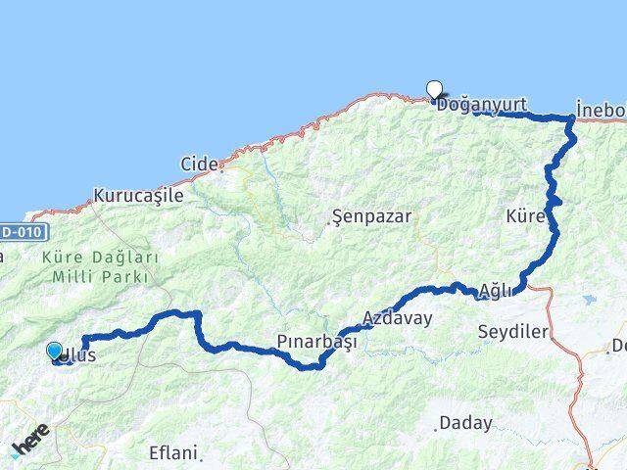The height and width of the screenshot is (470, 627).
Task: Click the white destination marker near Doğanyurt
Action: (434, 90)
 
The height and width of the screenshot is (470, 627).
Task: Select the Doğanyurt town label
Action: (482, 104)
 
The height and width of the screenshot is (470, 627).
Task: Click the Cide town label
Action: (198, 164)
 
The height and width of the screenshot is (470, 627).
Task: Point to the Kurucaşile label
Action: (138, 196)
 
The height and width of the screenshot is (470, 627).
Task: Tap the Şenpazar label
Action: (371, 215)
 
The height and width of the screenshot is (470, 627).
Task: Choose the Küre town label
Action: (526, 215)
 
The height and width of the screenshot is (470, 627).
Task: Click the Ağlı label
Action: (496, 291)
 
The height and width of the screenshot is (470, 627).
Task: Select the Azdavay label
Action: (397, 318)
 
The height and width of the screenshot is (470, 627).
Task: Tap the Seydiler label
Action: (512, 332)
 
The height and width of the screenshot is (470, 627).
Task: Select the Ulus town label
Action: (79, 356)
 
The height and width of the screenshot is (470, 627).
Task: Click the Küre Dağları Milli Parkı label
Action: (99, 266)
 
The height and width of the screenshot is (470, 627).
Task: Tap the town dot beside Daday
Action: (436, 428)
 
